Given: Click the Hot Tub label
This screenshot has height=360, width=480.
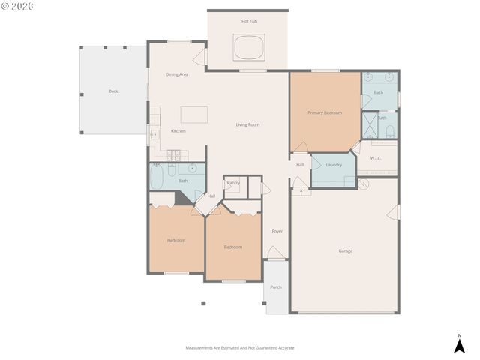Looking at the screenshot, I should pyautogui.click(x=249, y=21).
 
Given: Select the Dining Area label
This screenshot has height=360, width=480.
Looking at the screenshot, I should pyautogui.click(x=177, y=74).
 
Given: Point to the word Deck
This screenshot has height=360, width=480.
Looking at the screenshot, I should pyautogui.click(x=113, y=91).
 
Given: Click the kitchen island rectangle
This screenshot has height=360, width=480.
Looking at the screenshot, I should pyautogui.click(x=193, y=114).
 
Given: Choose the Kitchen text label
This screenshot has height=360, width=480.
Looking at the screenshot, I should pyautogui.click(x=178, y=131).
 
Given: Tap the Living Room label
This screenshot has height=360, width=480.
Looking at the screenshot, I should pyautogui.click(x=247, y=124).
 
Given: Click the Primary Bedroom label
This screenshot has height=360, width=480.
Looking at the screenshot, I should pyautogui.click(x=325, y=112).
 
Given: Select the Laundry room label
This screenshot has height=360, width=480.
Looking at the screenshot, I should pyautogui.click(x=334, y=165).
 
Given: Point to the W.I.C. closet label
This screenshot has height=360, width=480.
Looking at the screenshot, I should pyautogui.click(x=376, y=157).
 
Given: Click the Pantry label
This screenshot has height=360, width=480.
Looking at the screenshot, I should pyautogui.click(x=233, y=182).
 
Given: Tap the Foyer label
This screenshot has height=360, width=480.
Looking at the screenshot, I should pyautogui.click(x=277, y=231).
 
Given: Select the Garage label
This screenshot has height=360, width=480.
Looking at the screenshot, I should pyautogui.click(x=345, y=250).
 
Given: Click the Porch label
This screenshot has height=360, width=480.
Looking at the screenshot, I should pyautogui.click(x=276, y=287).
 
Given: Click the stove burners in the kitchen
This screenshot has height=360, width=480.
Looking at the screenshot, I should pyautogui.click(x=174, y=156).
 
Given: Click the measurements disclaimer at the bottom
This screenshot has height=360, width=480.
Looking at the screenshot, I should pyautogui.click(x=240, y=348).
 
